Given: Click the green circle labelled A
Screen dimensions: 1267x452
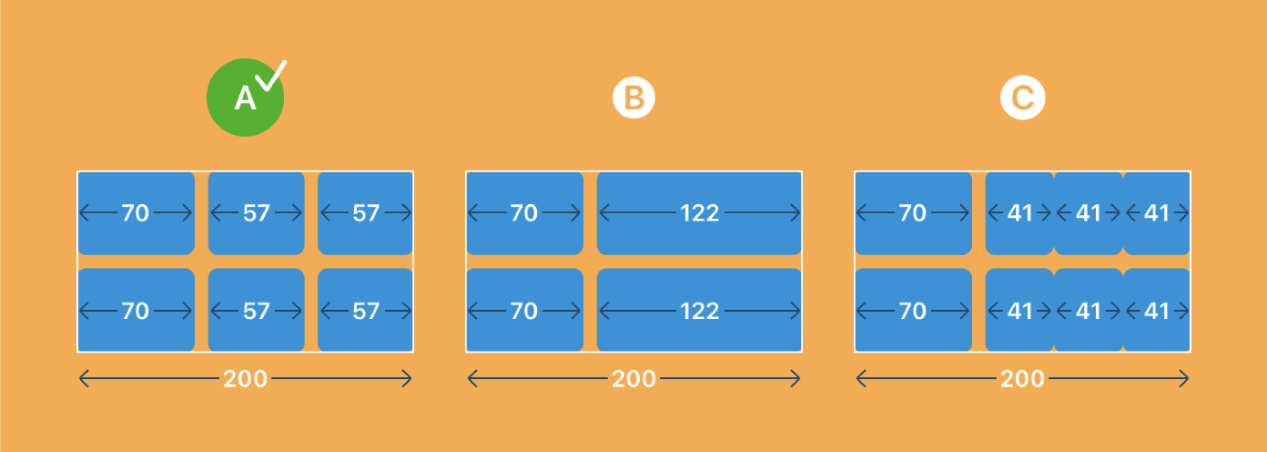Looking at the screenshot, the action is pyautogui.click(x=245, y=98).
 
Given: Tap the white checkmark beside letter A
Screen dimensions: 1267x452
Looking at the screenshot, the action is pyautogui.click(x=271, y=76).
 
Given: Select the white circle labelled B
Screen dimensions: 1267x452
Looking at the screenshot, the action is pyautogui.click(x=633, y=98).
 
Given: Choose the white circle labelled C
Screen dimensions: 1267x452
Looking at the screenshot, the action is pyautogui.click(x=1023, y=98).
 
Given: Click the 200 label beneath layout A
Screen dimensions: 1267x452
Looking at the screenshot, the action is pyautogui.click(x=245, y=379).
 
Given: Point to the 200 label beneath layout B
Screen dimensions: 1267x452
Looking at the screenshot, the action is pyautogui.click(x=633, y=379).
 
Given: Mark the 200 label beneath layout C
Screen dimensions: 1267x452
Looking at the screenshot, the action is pyautogui.click(x=1022, y=379).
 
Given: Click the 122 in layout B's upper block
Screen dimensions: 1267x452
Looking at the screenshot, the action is pyautogui.click(x=700, y=213).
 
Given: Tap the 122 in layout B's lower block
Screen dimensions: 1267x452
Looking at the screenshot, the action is pyautogui.click(x=700, y=311).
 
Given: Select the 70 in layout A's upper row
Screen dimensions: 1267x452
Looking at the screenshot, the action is pyautogui.click(x=136, y=213).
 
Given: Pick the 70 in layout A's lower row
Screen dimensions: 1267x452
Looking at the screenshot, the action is pyautogui.click(x=136, y=311).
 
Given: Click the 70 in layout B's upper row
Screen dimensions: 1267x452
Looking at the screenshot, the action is pyautogui.click(x=523, y=213).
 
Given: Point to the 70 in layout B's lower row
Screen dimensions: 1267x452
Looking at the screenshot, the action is pyautogui.click(x=523, y=311).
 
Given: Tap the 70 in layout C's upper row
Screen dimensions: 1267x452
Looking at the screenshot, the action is pyautogui.click(x=912, y=213).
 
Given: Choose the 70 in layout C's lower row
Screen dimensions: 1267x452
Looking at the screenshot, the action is pyautogui.click(x=912, y=311).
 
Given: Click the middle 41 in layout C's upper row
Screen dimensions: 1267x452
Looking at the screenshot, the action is pyautogui.click(x=1089, y=213).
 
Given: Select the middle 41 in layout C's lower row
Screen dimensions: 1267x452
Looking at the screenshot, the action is pyautogui.click(x=1089, y=311).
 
